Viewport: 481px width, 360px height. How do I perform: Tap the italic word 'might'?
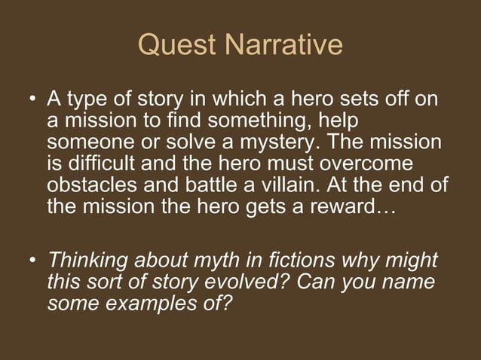(411, 262)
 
